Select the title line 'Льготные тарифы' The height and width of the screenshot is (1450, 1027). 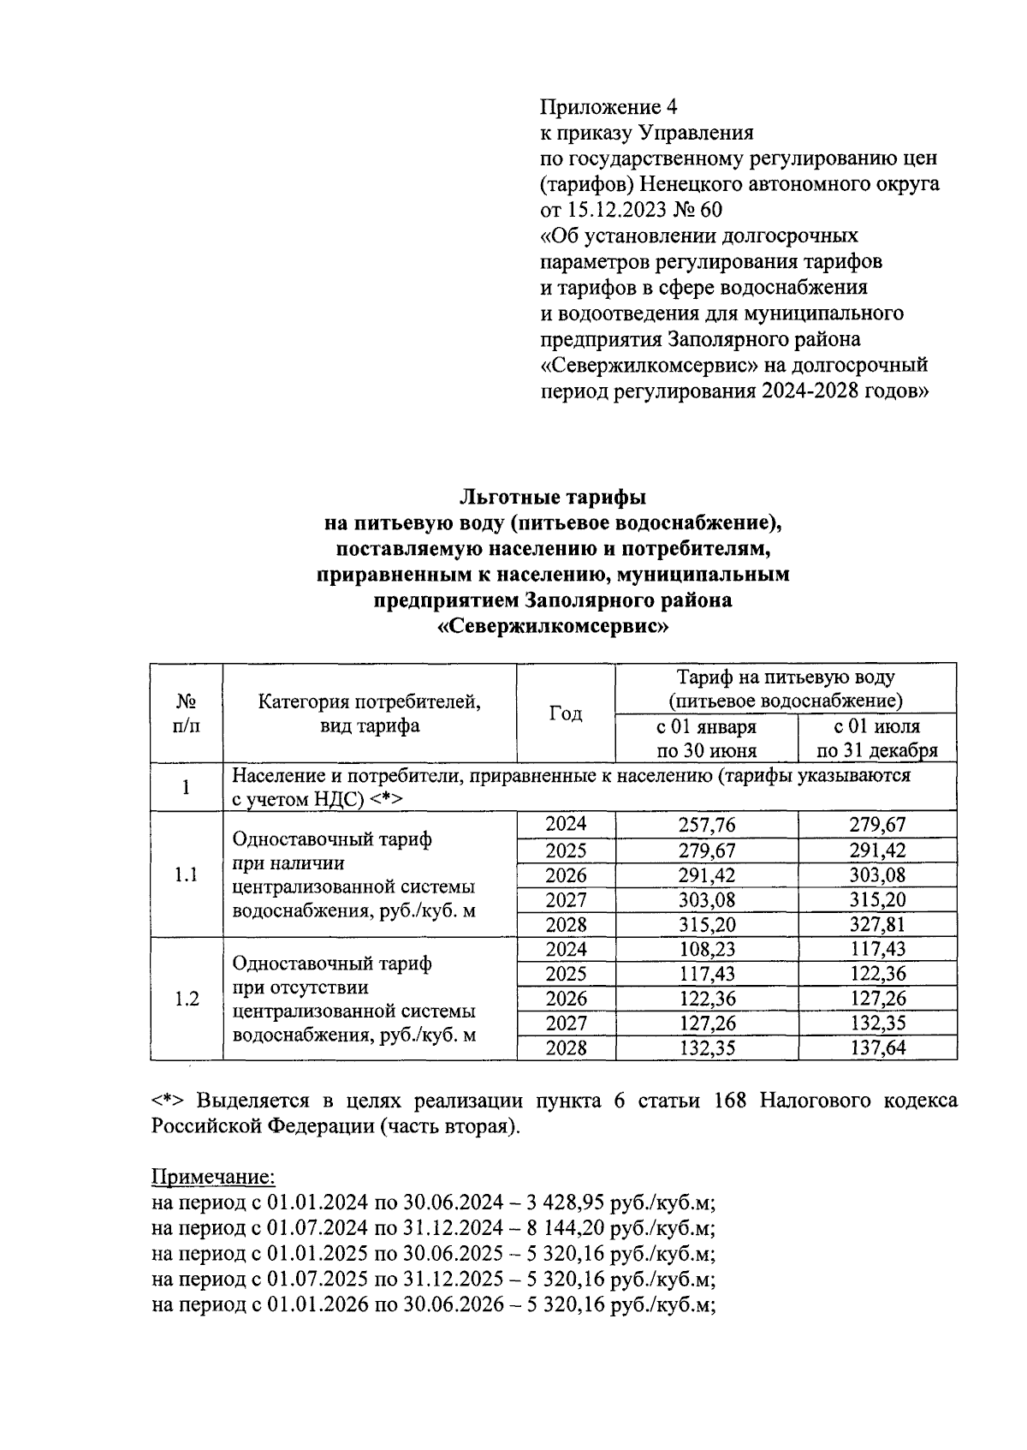pos(552,497)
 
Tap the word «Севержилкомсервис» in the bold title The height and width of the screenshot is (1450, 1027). pos(552,626)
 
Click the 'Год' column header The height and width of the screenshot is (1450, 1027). pos(565,713)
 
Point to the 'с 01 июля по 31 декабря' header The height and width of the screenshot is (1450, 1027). pos(877,738)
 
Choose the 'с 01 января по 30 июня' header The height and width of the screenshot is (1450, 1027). pos(706,738)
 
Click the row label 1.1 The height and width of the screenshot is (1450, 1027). pos(186,875)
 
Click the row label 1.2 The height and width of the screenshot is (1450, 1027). pos(186,999)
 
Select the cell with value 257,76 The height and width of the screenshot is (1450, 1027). pos(706,826)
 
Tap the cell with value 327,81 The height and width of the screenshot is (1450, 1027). pos(877,925)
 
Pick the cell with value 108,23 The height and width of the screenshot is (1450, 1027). pos(706,950)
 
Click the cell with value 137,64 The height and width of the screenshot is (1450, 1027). pos(877,1048)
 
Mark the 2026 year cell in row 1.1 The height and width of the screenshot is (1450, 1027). pos(566,875)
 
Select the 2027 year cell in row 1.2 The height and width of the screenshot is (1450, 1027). pos(566,1023)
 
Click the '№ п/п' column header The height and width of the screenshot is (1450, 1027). pos(186,713)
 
